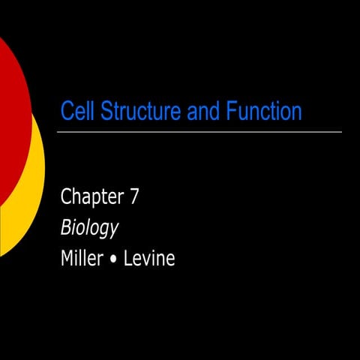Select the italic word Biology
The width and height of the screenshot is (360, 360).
coord(90,229)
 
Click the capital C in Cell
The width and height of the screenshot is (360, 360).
coord(66,112)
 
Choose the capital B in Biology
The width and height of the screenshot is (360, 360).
coord(65,228)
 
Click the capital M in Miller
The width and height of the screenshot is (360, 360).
coord(67,259)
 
